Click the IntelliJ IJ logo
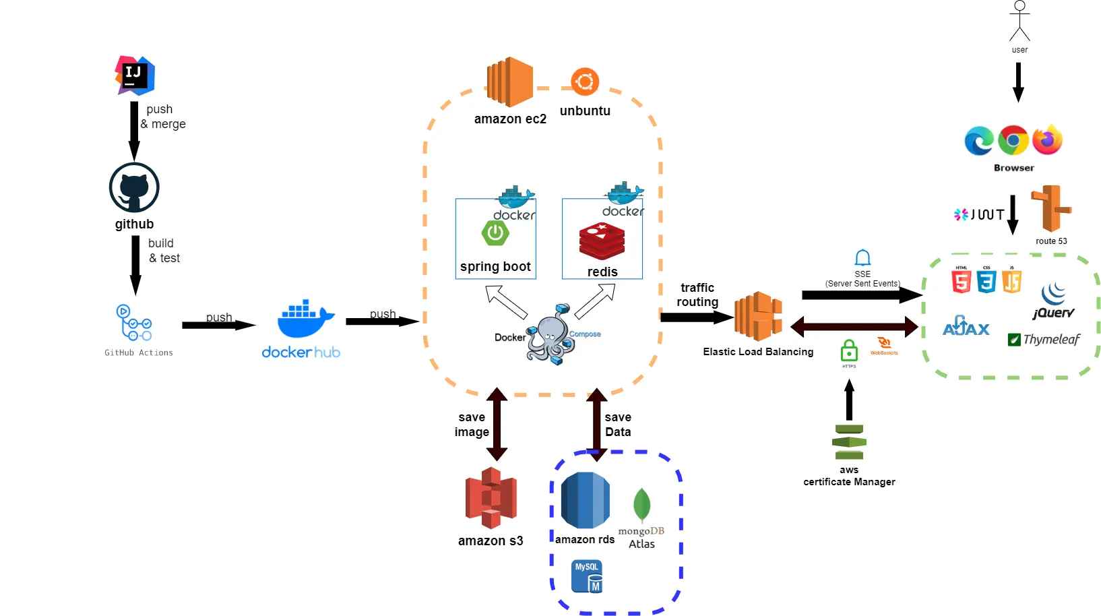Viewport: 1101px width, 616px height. point(135,75)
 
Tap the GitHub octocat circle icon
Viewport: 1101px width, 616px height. point(134,188)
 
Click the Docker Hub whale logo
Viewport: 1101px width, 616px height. point(305,319)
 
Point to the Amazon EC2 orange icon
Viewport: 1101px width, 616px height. point(510,82)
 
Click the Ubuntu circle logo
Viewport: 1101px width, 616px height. point(585,82)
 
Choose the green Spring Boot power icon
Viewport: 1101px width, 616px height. point(495,233)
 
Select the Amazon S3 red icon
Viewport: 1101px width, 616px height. point(491,498)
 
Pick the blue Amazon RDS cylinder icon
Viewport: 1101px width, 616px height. point(585,500)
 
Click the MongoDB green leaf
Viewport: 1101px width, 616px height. point(641,504)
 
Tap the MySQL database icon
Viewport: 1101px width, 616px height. point(587,576)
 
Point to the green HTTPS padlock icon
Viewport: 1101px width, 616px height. point(849,351)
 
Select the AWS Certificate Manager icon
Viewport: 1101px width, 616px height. point(849,442)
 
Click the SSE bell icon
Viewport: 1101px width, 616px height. point(862,257)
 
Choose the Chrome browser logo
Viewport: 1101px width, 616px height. point(1013,141)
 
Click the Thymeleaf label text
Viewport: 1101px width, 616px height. point(1051,340)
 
